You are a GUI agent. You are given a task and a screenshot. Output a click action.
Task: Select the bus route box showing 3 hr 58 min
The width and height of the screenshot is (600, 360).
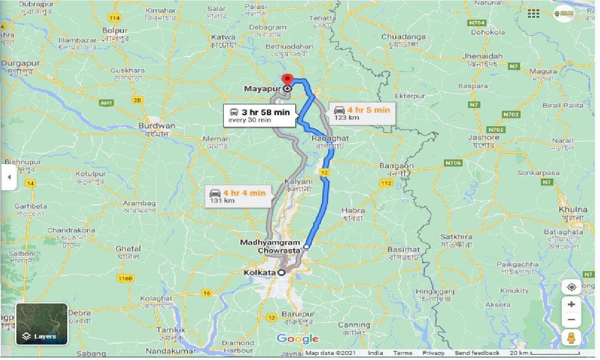pyautogui.click(x=259, y=115)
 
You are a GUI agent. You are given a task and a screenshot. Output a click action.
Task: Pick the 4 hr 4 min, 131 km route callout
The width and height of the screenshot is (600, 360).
pyautogui.click(x=239, y=196)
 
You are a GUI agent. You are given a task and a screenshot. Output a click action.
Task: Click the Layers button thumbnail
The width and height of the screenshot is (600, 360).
pyautogui.click(x=42, y=324)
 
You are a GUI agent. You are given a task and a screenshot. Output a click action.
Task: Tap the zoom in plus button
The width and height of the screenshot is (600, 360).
pyautogui.click(x=571, y=304)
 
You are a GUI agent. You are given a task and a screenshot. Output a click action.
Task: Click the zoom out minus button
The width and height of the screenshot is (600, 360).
pyautogui.click(x=571, y=320)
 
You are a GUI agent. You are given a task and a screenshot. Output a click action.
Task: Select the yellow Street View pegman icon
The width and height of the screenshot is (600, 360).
pyautogui.click(x=571, y=337)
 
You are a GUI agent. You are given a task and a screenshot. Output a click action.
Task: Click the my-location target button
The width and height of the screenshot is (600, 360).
pyautogui.click(x=571, y=287)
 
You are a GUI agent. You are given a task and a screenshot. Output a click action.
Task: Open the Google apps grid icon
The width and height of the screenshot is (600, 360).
pyautogui.click(x=533, y=14)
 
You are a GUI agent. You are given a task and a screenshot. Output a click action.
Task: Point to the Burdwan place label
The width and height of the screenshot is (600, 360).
pyautogui.click(x=157, y=126)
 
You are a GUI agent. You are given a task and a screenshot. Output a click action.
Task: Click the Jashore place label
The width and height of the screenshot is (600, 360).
pyautogui.click(x=484, y=137)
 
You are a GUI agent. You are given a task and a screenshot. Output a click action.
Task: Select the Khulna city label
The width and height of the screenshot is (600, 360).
pyautogui.click(x=572, y=209)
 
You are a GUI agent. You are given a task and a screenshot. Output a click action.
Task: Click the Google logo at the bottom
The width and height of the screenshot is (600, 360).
pyautogui.click(x=298, y=338)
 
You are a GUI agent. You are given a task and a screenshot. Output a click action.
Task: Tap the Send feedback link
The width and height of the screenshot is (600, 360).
pyautogui.click(x=477, y=353)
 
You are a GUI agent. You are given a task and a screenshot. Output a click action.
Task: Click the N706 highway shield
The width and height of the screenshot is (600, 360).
pyautogui.click(x=453, y=163)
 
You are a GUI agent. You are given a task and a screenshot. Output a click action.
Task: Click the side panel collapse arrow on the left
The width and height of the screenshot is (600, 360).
pyautogui.click(x=8, y=177)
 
